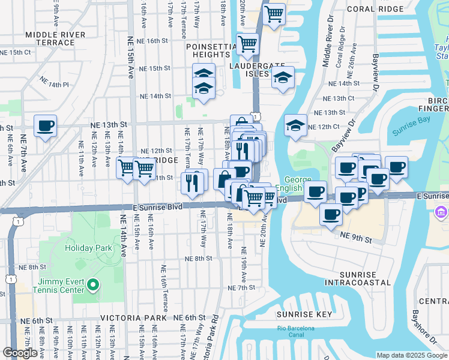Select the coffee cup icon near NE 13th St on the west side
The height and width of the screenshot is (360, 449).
coord(45,126)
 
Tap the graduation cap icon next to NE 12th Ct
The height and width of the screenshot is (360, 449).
coord(295,126)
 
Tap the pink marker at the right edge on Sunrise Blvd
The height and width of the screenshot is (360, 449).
coord(441,211)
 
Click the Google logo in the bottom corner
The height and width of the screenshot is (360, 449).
coord(20,353)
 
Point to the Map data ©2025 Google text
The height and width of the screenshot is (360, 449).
coord(412,355)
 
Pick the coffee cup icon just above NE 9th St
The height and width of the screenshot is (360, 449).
coord(331,215)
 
